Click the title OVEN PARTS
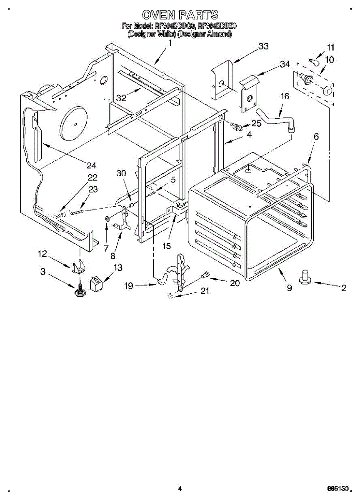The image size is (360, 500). pos(180,15)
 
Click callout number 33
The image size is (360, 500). pos(263,47)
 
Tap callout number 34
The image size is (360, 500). pos(285,64)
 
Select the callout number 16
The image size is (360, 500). pos(285,96)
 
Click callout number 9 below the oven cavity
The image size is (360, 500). pos(289,288)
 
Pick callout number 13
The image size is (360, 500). pos(118,267)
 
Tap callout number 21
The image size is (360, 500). pos(204,291)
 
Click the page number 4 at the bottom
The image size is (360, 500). pos(180,489)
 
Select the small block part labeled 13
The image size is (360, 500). pos(97,283)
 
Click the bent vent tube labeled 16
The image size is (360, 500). pos(275,117)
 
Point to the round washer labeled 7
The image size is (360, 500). pos(107,218)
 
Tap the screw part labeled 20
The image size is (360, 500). pos(205,275)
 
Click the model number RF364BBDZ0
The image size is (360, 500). pos(217,26)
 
